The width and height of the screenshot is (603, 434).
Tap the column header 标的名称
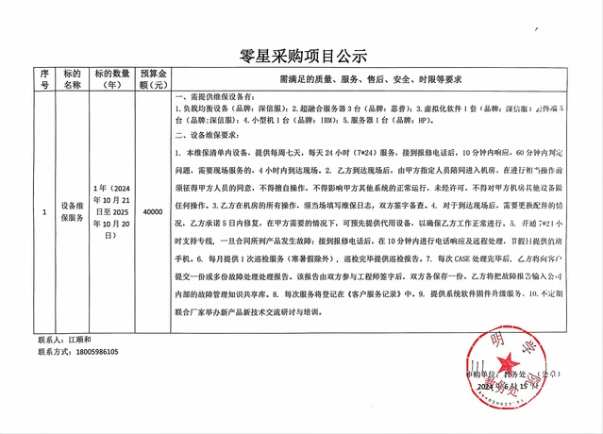tap(73, 78)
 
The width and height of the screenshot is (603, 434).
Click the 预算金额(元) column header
tap(153, 78)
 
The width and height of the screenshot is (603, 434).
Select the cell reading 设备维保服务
tap(73, 212)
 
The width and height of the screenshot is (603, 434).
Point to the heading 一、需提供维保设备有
tap(217, 97)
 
